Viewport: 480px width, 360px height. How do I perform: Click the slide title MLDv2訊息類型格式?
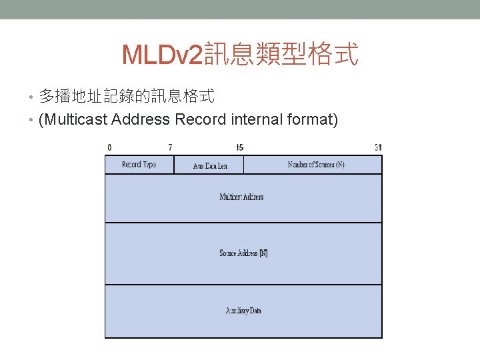click(x=240, y=55)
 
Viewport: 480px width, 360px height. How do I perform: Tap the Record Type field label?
click(x=139, y=164)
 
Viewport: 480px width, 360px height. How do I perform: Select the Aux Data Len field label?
click(x=210, y=165)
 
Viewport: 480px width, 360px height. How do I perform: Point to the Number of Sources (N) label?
click(x=316, y=164)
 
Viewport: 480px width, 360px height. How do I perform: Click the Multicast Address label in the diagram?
click(x=241, y=197)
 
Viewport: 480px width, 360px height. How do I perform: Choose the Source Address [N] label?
click(x=243, y=253)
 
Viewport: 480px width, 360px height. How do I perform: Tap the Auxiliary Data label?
click(x=243, y=311)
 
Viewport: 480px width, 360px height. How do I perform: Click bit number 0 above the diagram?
click(x=109, y=147)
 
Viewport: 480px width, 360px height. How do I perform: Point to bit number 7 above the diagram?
click(x=170, y=147)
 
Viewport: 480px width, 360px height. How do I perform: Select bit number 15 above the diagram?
click(x=239, y=147)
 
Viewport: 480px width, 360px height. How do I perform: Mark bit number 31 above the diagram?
click(x=378, y=147)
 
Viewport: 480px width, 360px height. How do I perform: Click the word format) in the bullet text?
click(x=313, y=120)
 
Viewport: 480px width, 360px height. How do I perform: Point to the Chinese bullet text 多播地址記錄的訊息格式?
click(x=127, y=97)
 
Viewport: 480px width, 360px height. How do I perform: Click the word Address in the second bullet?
click(x=141, y=120)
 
